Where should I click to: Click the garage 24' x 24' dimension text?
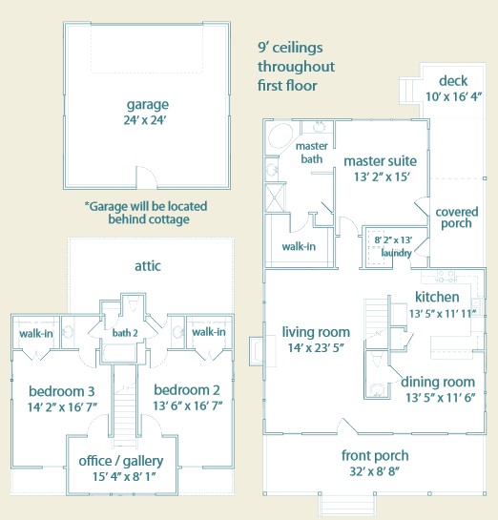(145, 119)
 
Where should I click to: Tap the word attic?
(148, 265)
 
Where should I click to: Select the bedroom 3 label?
(62, 391)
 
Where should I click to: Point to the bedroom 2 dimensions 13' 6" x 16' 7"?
(187, 406)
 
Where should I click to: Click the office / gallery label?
(121, 461)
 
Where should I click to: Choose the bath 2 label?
(125, 333)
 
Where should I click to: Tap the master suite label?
(381, 161)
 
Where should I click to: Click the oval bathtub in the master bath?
(280, 136)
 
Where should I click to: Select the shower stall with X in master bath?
(275, 198)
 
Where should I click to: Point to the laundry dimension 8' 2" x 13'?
(393, 239)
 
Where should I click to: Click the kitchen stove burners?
(446, 277)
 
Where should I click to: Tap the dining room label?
(438, 382)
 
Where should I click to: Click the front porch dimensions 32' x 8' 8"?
(374, 471)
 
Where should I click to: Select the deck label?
(453, 81)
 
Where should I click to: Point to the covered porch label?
(457, 218)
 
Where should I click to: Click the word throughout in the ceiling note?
(296, 67)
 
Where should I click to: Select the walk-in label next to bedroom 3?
(36, 333)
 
